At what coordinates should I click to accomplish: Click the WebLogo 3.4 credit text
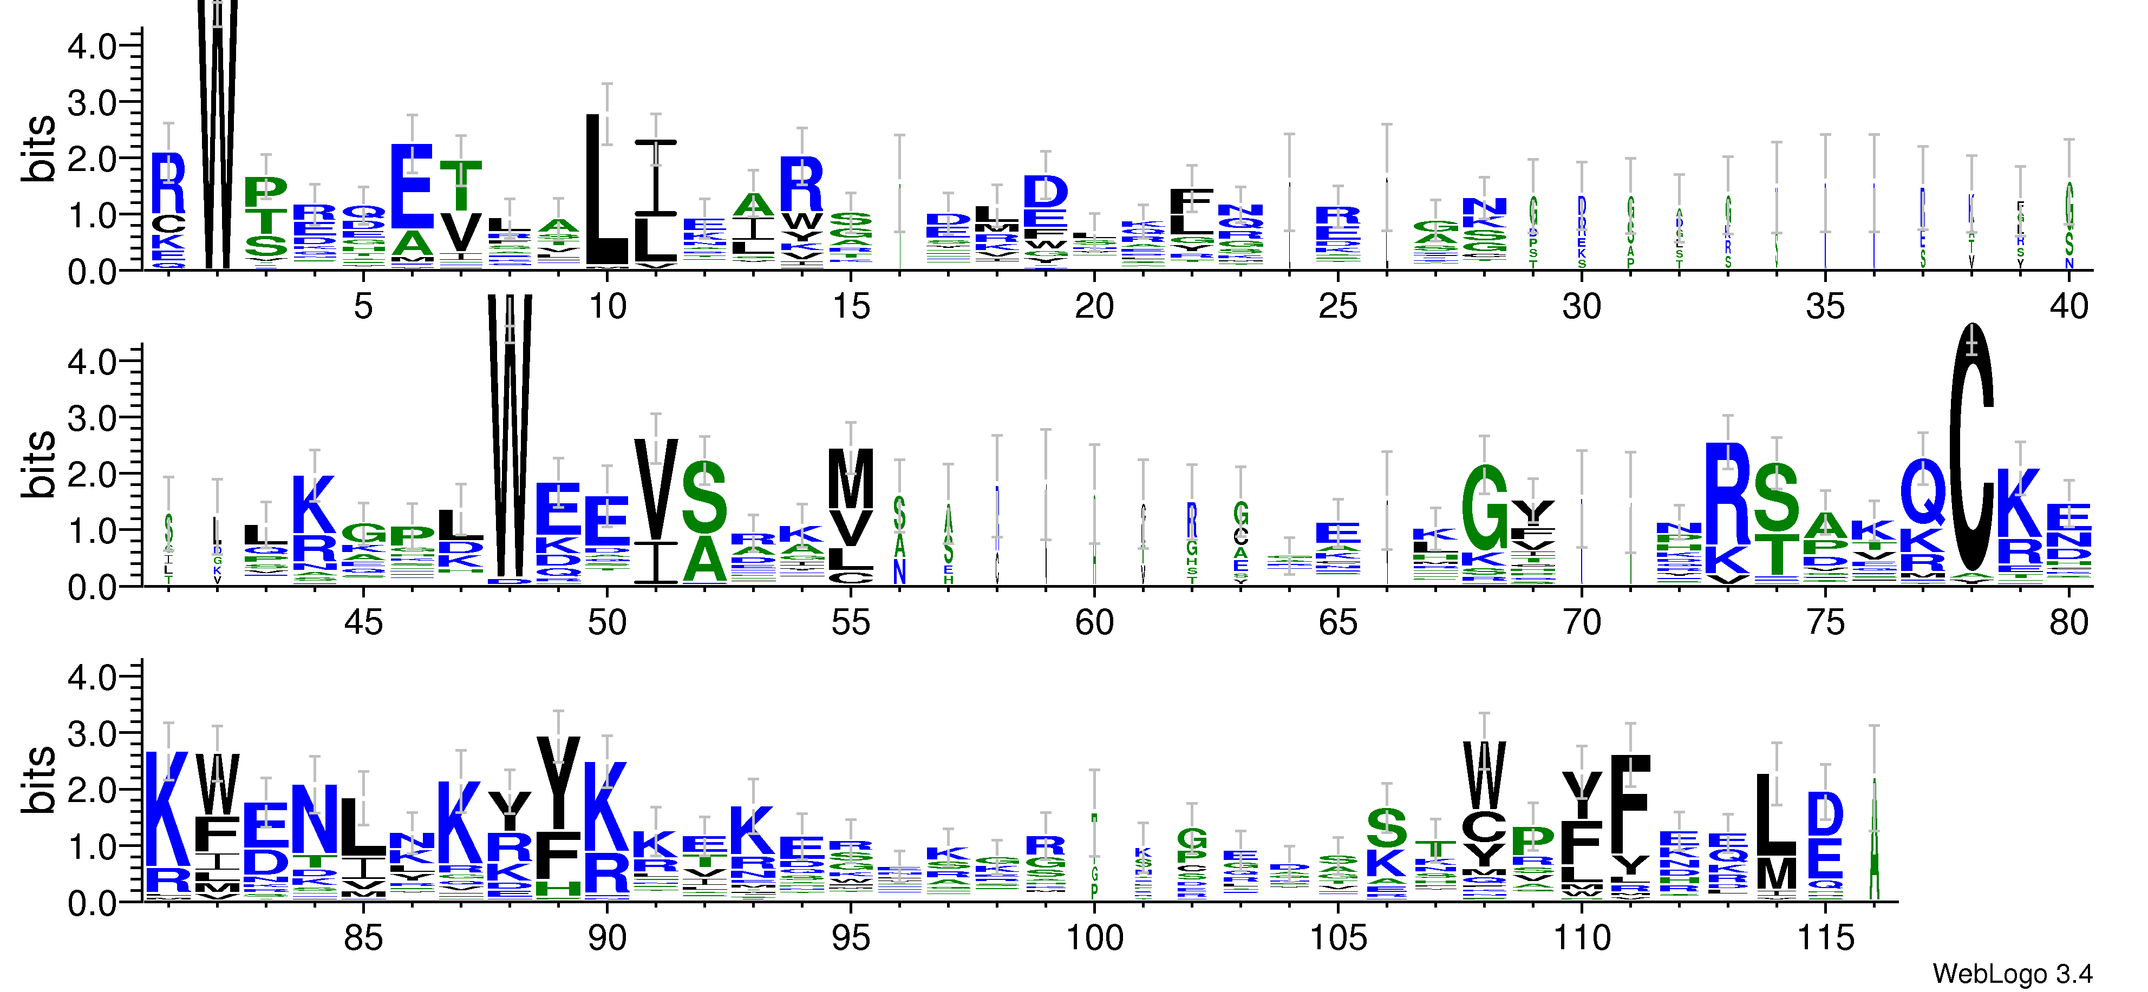2011,973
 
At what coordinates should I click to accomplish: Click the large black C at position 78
1972,450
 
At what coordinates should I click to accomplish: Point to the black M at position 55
851,478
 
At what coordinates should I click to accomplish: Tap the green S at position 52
704,498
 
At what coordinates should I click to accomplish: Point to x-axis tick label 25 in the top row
1337,307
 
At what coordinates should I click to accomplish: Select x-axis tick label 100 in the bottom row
1094,938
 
